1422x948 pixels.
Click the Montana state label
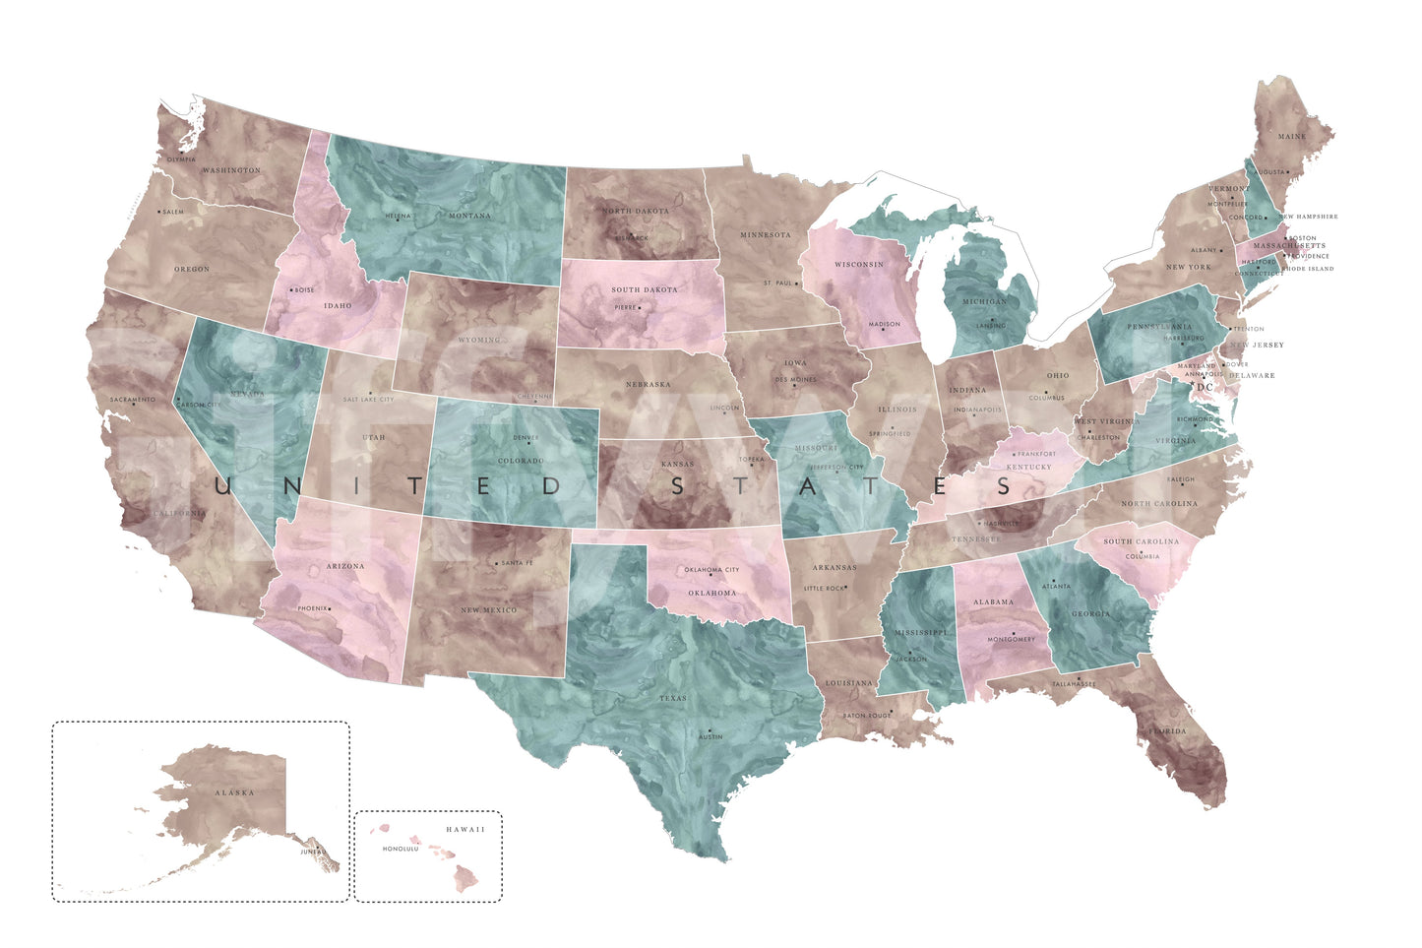pyautogui.click(x=469, y=216)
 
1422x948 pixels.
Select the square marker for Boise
pyautogui.click(x=292, y=290)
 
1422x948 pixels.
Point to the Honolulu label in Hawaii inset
pyautogui.click(x=401, y=849)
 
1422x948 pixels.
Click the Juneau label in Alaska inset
pyautogui.click(x=313, y=852)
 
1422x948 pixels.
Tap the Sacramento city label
pyautogui.click(x=132, y=400)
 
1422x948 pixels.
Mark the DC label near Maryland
pyautogui.click(x=1206, y=387)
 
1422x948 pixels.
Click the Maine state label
pyautogui.click(x=1292, y=137)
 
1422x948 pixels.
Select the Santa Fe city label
pyautogui.click(x=517, y=562)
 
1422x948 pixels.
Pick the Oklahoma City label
pyautogui.click(x=711, y=570)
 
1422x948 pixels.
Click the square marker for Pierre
pyautogui.click(x=640, y=308)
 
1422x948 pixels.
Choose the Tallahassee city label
pyautogui.click(x=1073, y=683)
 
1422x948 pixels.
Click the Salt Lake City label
pyautogui.click(x=368, y=400)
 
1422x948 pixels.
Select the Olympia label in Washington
pyautogui.click(x=181, y=159)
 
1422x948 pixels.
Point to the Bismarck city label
pyautogui.click(x=632, y=237)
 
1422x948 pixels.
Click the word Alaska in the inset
pyautogui.click(x=234, y=792)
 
